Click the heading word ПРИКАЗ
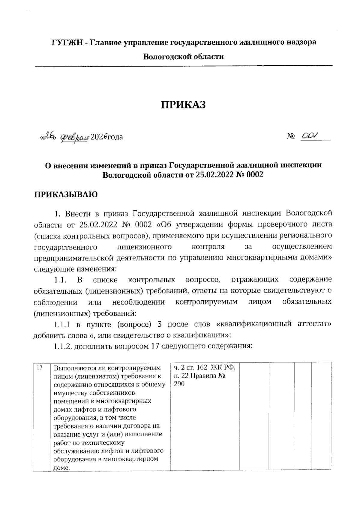pos(184,105)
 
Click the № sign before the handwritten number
pos(291,137)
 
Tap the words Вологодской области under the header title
pos(183,56)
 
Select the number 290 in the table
pos(179,384)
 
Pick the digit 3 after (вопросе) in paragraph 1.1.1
pos(160,325)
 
